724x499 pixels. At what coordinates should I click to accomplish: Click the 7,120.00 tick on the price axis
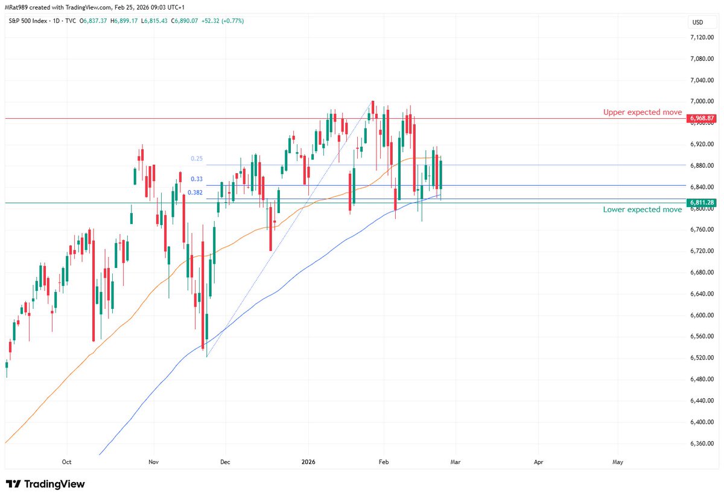click(702, 37)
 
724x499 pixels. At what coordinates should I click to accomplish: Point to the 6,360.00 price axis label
click(702, 443)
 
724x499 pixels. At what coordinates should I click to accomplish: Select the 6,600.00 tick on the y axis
click(702, 315)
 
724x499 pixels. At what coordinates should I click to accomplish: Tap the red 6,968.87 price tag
click(702, 118)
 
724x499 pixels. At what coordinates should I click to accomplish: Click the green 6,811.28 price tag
click(702, 203)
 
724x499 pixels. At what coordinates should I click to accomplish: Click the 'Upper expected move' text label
click(643, 112)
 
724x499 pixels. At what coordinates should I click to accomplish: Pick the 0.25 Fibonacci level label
click(196, 159)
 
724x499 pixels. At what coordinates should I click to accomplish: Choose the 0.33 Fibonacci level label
click(196, 179)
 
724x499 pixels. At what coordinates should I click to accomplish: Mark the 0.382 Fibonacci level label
click(194, 192)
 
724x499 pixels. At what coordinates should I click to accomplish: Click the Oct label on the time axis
click(66, 462)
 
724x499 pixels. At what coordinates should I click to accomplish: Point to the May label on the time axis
click(618, 462)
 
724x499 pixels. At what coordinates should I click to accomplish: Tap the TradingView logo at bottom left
click(45, 484)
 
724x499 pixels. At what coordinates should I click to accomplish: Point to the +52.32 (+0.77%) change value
click(221, 21)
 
